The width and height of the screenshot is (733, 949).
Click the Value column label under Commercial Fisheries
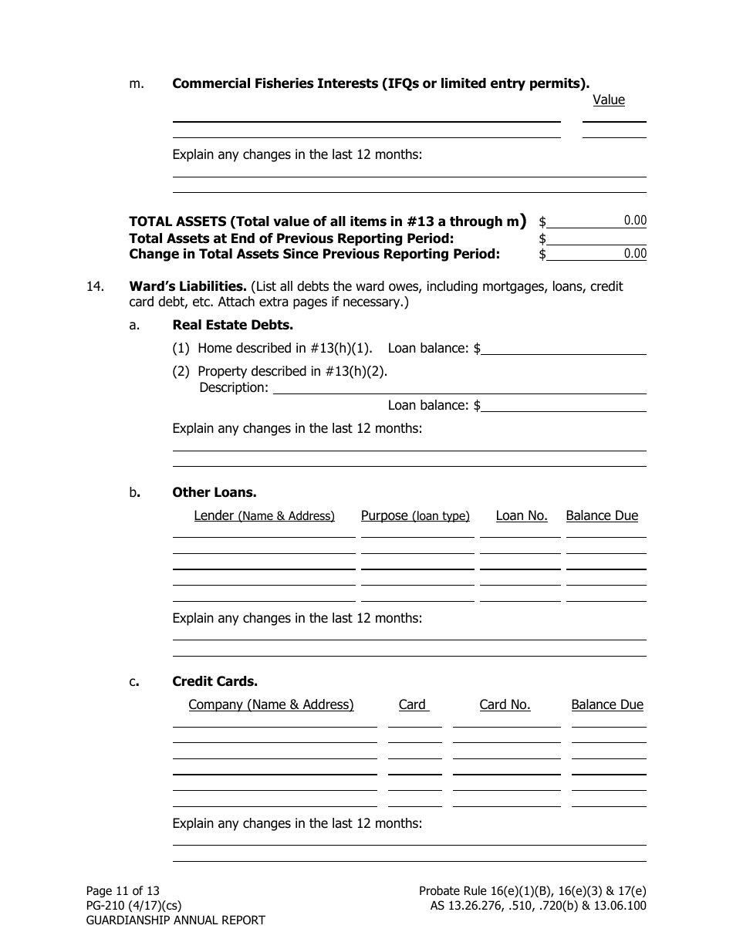[x=608, y=100]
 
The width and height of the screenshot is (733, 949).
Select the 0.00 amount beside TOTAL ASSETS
[x=635, y=221]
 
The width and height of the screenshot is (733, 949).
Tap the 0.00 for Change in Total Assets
[x=635, y=254]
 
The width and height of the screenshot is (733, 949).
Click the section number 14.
[x=95, y=286]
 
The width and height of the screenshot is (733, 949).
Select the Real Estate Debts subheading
[x=232, y=325]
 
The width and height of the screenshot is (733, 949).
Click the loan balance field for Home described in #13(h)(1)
[x=563, y=348]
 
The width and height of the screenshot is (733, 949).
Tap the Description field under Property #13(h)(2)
[x=459, y=387]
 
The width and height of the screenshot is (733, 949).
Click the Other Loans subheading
[x=214, y=492]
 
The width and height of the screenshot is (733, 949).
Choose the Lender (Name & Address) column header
[x=264, y=515]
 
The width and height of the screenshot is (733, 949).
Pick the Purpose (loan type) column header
[x=415, y=515]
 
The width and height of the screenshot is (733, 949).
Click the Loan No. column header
[x=521, y=515]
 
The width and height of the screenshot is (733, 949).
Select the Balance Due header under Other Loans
[x=602, y=515]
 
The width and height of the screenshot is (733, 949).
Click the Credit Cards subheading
[x=214, y=681]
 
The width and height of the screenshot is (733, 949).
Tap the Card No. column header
[x=505, y=704]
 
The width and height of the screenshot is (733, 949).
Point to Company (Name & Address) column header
[x=271, y=704]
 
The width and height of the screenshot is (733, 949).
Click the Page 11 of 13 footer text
[x=123, y=890]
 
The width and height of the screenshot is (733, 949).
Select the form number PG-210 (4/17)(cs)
[x=133, y=905]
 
